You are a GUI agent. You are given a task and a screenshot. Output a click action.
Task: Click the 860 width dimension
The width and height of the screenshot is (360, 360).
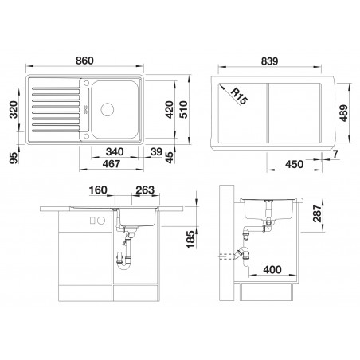point(84,61)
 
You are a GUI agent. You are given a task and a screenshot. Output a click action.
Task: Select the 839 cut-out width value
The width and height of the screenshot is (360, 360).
point(269,61)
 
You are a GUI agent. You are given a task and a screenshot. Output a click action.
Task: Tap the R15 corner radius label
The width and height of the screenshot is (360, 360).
point(239,96)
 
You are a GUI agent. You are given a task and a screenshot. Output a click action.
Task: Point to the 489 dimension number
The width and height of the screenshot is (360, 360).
point(343,113)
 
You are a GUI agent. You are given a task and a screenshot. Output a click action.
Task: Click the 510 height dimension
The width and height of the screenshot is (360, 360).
point(183,109)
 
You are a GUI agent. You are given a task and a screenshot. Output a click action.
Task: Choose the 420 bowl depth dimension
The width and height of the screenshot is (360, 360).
point(169,109)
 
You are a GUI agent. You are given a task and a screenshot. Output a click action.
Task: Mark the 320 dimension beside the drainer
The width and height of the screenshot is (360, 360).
point(14,110)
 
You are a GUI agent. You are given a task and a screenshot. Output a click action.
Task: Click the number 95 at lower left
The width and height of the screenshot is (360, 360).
point(14,158)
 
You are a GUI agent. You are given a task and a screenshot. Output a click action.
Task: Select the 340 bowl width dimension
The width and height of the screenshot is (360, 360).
point(115,152)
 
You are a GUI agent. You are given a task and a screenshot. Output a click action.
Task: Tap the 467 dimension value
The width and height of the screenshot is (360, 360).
point(112,164)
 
